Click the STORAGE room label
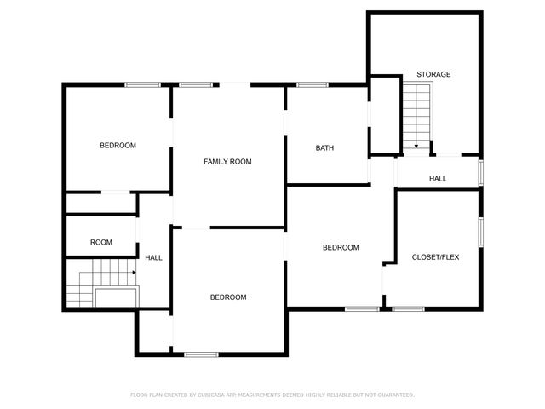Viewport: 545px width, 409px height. tap(433, 74)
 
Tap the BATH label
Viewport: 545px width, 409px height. tap(324, 148)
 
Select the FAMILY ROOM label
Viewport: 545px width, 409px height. tap(227, 161)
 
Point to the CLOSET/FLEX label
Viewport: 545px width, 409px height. tap(435, 256)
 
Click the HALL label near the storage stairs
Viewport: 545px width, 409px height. tap(438, 179)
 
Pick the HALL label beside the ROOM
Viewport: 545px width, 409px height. tap(153, 257)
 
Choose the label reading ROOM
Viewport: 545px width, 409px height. tap(101, 243)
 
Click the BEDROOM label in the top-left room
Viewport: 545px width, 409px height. tap(118, 146)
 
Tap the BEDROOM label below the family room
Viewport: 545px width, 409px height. tap(228, 297)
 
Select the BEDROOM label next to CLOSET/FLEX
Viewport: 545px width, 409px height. tap(341, 248)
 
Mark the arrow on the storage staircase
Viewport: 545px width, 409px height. tap(416, 145)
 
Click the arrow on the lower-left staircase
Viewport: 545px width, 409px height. tap(131, 273)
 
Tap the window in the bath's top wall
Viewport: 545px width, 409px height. tap(313, 84)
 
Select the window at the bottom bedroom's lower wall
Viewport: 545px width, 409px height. tap(201, 354)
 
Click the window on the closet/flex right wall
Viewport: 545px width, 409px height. tap(481, 230)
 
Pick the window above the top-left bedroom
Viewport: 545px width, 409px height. tap(143, 84)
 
